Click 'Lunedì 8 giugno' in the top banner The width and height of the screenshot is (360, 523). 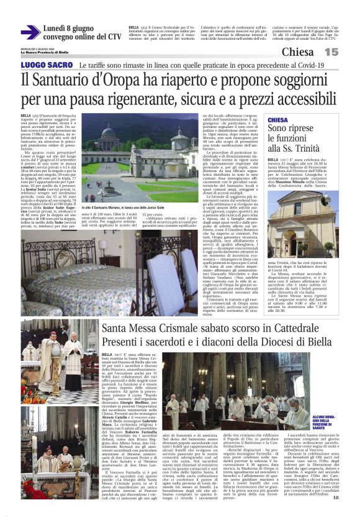(x=74, y=28)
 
